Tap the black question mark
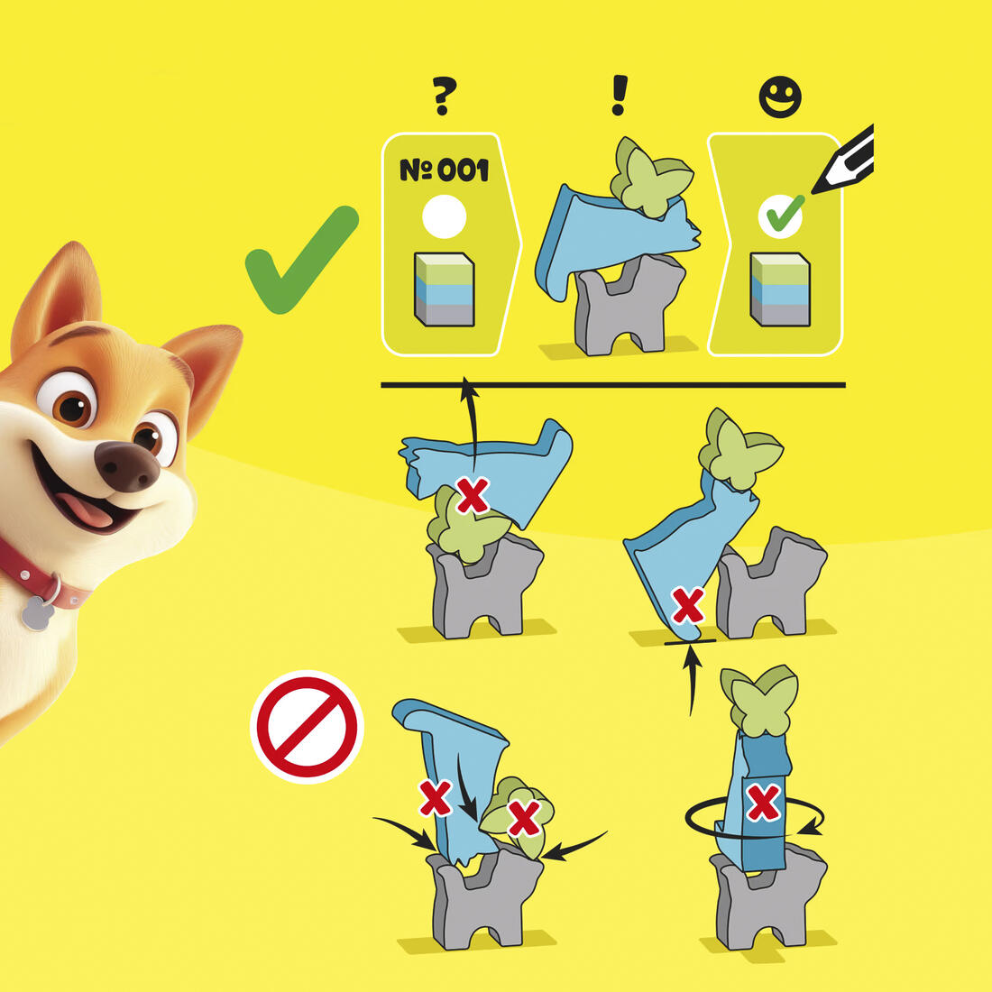tap(444, 95)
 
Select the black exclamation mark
tap(620, 95)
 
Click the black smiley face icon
tap(780, 96)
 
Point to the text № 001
tap(444, 170)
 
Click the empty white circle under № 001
tap(444, 216)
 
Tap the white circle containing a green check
tap(780, 216)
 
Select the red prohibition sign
tap(307, 727)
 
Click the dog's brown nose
tap(127, 467)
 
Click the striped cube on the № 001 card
tap(444, 289)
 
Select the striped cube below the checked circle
tap(780, 289)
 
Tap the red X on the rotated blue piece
tap(764, 803)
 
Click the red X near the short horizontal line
tap(688, 605)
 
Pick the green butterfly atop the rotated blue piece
tap(759, 700)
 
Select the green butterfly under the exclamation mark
tap(652, 176)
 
